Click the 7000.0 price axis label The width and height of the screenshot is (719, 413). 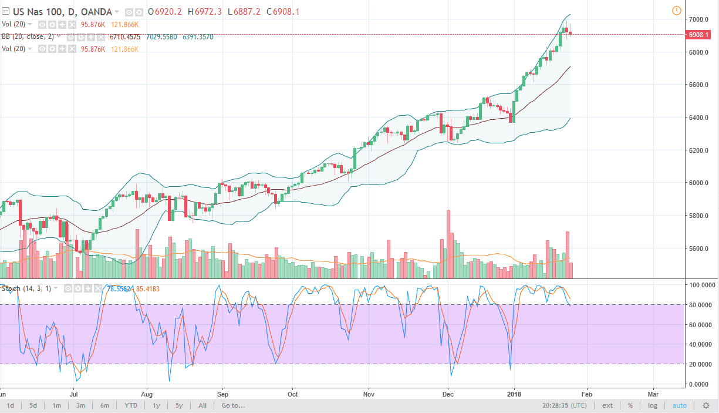pyautogui.click(x=700, y=19)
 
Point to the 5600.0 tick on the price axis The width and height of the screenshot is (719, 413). pyautogui.click(x=700, y=249)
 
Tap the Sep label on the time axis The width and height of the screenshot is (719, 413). pyautogui.click(x=222, y=394)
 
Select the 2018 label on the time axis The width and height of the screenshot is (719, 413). pyautogui.click(x=514, y=394)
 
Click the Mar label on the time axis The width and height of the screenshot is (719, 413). pyautogui.click(x=653, y=394)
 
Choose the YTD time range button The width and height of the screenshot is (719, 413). pyautogui.click(x=131, y=405)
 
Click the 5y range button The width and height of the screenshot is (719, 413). pyautogui.click(x=179, y=405)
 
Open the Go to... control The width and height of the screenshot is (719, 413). pyautogui.click(x=233, y=405)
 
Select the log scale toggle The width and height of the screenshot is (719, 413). pyautogui.click(x=653, y=405)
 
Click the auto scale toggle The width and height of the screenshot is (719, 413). pyautogui.click(x=679, y=405)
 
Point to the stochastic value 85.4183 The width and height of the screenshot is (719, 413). pyautogui.click(x=147, y=288)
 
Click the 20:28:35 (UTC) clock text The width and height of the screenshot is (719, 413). pyautogui.click(x=564, y=405)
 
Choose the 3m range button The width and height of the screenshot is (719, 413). pyautogui.click(x=80, y=405)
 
